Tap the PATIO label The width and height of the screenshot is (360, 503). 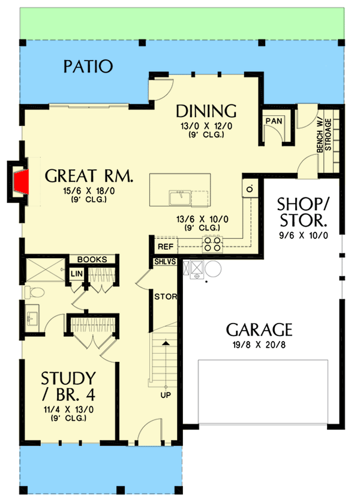click(x=88, y=66)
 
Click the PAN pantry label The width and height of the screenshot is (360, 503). click(x=274, y=121)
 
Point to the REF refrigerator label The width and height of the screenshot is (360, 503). click(x=165, y=247)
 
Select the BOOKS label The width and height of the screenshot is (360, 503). click(x=92, y=260)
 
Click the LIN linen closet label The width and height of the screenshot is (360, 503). click(x=76, y=274)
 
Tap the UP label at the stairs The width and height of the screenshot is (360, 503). click(x=164, y=396)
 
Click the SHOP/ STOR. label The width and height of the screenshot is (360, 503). click(x=302, y=212)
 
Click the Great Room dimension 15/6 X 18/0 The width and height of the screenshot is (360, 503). click(x=89, y=192)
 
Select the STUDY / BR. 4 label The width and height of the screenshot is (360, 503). click(x=68, y=388)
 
